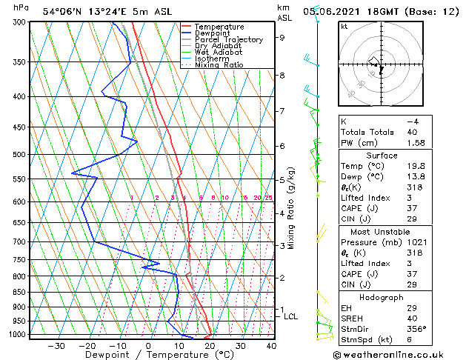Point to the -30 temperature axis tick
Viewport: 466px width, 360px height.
click(56, 345)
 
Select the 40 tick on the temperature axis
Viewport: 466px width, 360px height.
click(271, 345)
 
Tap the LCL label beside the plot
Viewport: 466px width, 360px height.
click(290, 316)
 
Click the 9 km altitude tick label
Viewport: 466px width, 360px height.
click(282, 37)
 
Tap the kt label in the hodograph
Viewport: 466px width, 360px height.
click(344, 27)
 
